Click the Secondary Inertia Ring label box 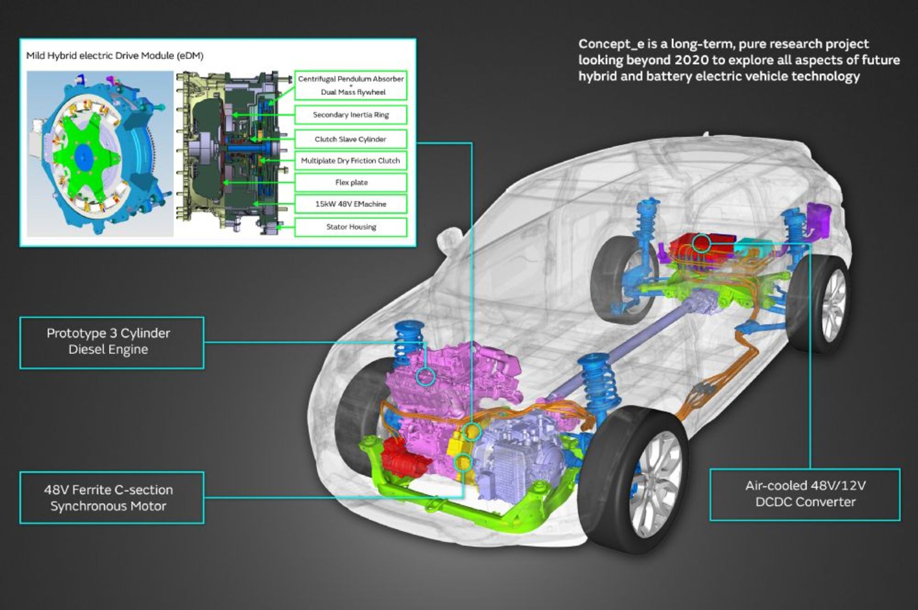(x=350, y=115)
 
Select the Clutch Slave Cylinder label (x=350, y=139)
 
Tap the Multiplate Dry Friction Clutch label (x=350, y=161)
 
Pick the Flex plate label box (x=350, y=183)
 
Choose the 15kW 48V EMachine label (x=350, y=204)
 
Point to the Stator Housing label (x=350, y=227)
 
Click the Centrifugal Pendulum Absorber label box (x=350, y=85)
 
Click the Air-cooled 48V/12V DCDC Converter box (x=805, y=494)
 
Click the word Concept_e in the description (x=611, y=44)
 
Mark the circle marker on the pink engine (x=425, y=376)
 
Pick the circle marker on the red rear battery (x=702, y=243)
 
